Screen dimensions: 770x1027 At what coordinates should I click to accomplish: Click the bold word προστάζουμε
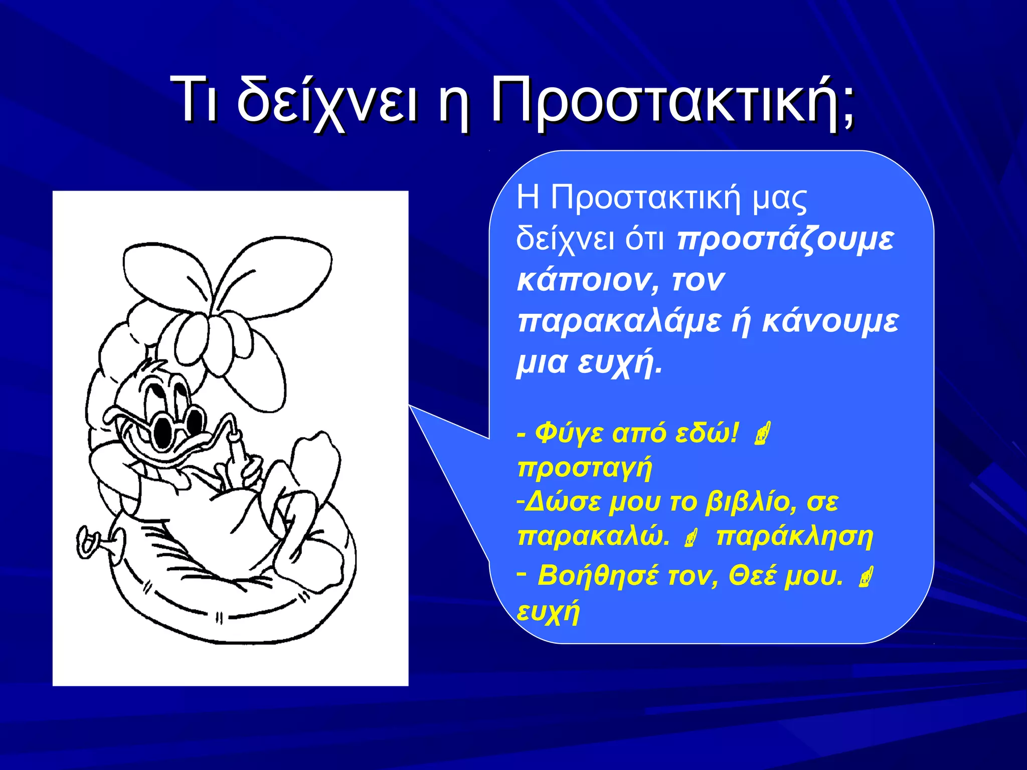pos(785,240)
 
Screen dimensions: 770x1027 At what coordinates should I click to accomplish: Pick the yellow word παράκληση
pos(794,536)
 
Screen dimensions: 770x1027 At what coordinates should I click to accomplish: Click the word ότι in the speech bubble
pos(644,240)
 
